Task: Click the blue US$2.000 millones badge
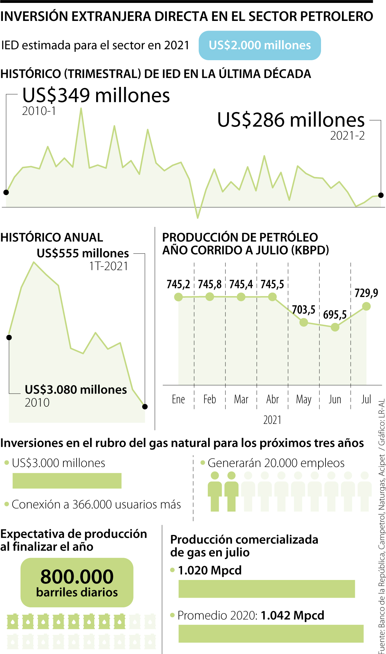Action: [x=260, y=45]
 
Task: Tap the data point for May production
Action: [x=304, y=322]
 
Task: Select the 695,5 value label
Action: [x=335, y=314]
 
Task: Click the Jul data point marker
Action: [x=366, y=306]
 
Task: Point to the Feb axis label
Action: [x=210, y=399]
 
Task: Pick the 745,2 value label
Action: [x=178, y=285]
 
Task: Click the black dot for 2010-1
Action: [x=6, y=192]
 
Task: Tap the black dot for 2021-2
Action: [x=381, y=195]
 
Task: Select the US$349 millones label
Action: [x=96, y=96]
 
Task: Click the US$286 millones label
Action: [x=291, y=120]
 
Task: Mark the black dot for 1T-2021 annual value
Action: [x=145, y=406]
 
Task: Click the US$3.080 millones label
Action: [x=76, y=390]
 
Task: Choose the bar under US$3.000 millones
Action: [x=67, y=481]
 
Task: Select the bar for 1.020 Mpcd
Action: [x=266, y=589]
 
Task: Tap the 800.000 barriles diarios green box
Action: [x=77, y=582]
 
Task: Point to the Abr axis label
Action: [x=272, y=399]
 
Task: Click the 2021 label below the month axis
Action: [x=272, y=420]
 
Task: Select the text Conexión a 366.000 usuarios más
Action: [x=96, y=504]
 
